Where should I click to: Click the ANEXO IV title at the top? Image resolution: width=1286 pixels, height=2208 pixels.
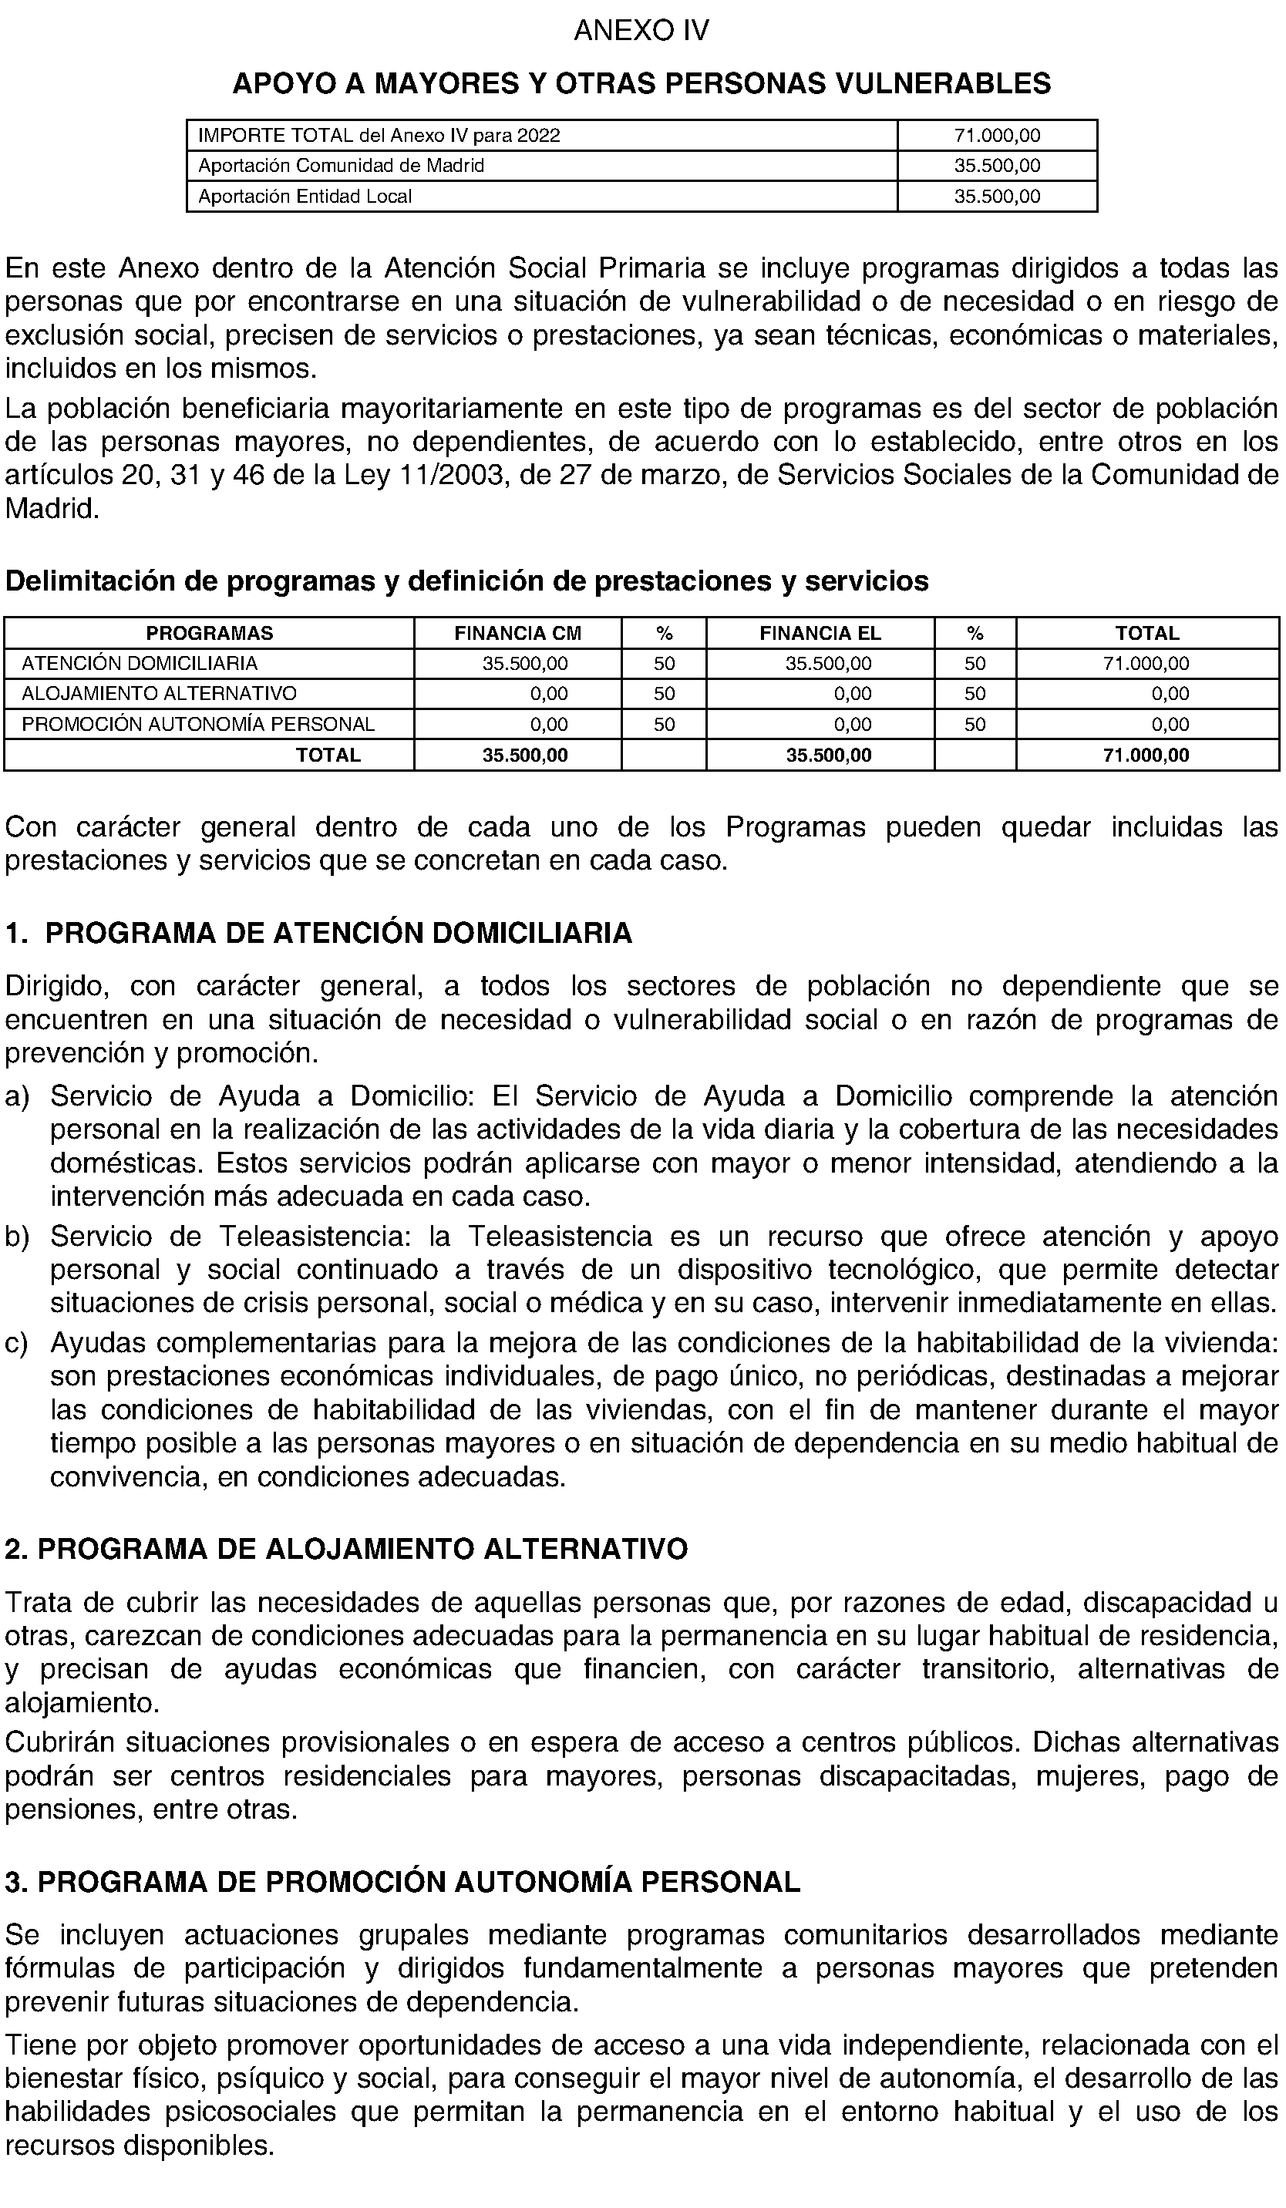(641, 32)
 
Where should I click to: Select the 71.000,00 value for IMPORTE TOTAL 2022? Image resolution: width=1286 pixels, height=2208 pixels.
(997, 136)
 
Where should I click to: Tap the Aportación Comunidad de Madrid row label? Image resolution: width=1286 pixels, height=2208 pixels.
(341, 166)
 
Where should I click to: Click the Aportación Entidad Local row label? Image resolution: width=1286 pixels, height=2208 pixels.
(305, 197)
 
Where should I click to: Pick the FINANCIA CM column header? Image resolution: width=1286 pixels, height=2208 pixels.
(518, 634)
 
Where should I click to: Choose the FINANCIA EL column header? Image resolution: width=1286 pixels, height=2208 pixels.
(820, 634)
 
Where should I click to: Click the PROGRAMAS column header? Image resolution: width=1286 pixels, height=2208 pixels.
(210, 634)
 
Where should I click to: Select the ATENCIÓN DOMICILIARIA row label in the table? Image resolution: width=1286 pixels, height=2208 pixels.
(140, 663)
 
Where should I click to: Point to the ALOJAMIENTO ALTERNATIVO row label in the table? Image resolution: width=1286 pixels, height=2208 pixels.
(160, 694)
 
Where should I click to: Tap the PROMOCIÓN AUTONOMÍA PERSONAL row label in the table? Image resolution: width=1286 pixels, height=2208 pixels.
(198, 725)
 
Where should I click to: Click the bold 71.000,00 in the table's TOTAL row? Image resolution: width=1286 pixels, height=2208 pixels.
(1146, 756)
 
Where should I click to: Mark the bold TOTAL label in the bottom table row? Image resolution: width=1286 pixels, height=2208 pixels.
(328, 756)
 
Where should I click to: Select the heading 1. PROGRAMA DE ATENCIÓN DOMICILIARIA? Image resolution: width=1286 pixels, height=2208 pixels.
(319, 933)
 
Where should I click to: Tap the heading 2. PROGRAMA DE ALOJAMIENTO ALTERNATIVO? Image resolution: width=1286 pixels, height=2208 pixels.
(346, 1549)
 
